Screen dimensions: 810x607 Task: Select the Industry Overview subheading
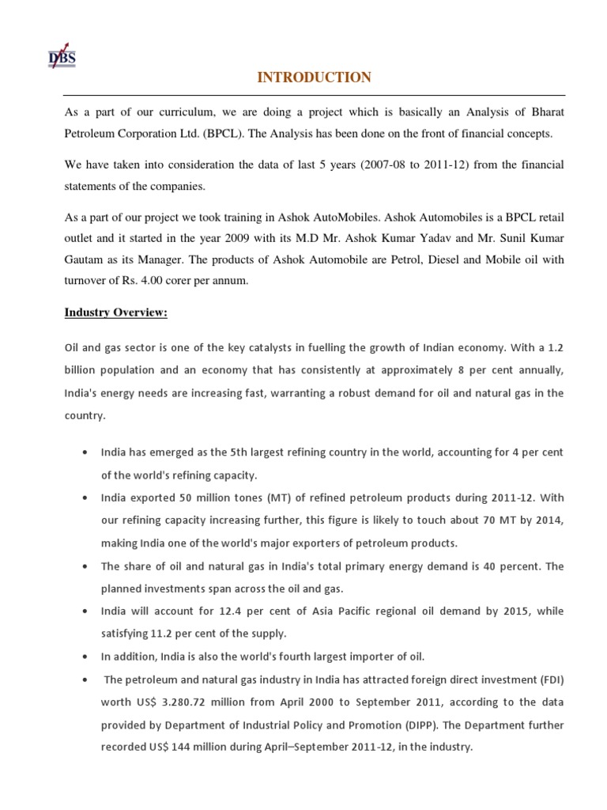click(x=115, y=312)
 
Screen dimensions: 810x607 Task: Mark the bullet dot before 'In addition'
click(x=85, y=657)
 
